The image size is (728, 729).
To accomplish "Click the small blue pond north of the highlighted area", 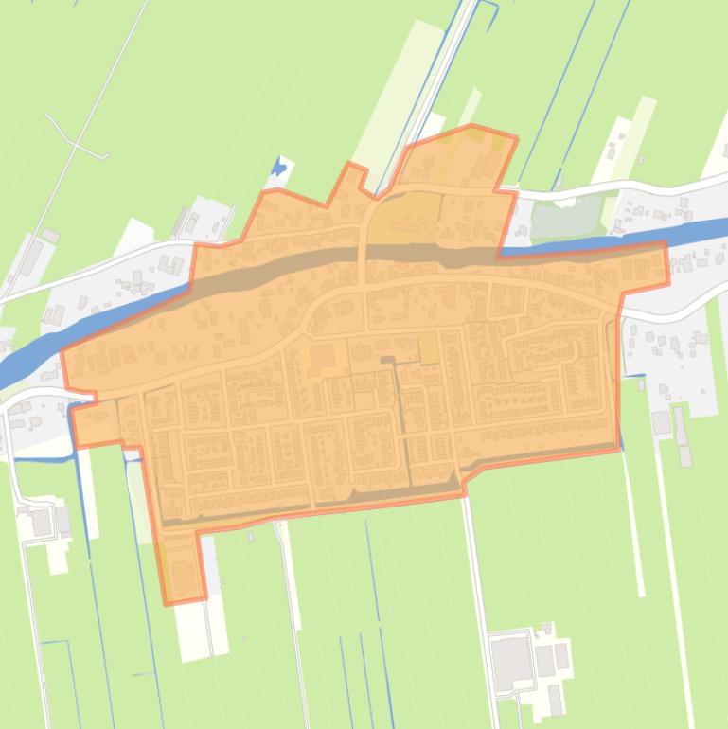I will click(x=278, y=169).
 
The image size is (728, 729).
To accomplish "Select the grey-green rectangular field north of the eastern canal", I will click(x=567, y=218).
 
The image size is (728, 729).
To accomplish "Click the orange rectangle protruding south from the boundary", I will click(x=183, y=567).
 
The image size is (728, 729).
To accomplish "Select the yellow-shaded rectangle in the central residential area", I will click(x=428, y=347).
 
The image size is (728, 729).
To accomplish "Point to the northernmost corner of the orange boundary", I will click(x=471, y=125).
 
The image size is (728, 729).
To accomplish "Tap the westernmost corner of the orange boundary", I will click(x=62, y=353).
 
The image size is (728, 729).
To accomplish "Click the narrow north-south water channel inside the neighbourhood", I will click(x=401, y=417).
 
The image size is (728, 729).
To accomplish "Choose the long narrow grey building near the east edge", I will click(x=680, y=426).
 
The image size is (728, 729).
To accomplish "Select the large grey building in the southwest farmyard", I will click(x=43, y=521).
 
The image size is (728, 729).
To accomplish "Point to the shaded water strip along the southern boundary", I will click(x=312, y=502).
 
